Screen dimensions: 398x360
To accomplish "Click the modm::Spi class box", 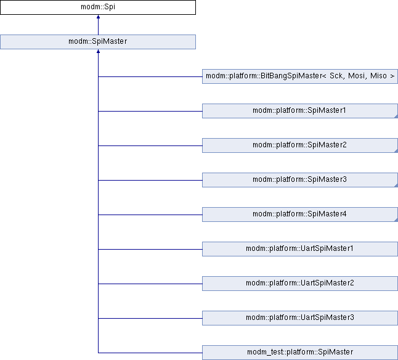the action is click(x=98, y=7).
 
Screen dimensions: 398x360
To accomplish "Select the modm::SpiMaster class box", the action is click(x=98, y=42).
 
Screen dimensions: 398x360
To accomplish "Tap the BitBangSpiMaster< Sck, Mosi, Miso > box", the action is click(x=300, y=76).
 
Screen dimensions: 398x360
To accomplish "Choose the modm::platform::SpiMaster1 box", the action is click(x=300, y=111).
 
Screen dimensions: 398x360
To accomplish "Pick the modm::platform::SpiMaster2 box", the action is click(x=300, y=145).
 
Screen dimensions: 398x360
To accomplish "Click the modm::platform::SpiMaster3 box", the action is click(x=300, y=180).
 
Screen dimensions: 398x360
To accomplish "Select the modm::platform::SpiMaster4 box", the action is click(x=300, y=215).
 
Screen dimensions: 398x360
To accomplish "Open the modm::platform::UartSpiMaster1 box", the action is click(x=300, y=249).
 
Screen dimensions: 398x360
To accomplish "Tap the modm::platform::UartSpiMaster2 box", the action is click(x=300, y=284).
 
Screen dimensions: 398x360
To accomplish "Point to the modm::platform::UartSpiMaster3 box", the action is click(x=300, y=318).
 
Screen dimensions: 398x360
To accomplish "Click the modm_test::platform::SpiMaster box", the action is click(x=300, y=353).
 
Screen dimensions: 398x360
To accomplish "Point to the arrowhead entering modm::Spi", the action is click(x=98, y=17).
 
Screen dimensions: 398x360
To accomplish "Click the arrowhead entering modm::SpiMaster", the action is click(x=98, y=51).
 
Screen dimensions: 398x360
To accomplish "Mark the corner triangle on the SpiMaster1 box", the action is click(x=396, y=117).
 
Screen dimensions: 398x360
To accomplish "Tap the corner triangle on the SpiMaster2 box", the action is click(x=396, y=151).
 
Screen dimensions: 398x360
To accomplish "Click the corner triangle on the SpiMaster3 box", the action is click(x=396, y=186).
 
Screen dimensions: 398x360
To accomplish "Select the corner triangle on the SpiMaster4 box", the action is click(x=396, y=220).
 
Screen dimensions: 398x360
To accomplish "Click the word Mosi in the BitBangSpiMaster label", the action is click(x=357, y=76).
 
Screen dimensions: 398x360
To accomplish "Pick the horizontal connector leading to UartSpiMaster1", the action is click(x=150, y=249).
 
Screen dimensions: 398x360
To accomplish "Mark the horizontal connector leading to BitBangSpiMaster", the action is click(x=150, y=76).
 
